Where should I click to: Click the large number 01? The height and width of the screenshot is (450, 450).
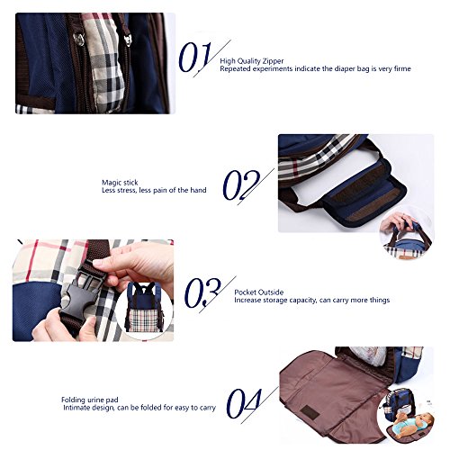[195, 57]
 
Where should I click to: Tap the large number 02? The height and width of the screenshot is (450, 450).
[241, 184]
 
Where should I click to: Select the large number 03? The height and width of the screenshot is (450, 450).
[202, 292]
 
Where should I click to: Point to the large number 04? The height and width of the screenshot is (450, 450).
[244, 403]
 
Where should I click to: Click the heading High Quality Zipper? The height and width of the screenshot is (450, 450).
[252, 61]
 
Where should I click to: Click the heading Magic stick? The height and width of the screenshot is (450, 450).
[120, 183]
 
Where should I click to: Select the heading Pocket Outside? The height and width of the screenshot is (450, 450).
[259, 292]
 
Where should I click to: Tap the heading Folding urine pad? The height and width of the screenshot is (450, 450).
[90, 400]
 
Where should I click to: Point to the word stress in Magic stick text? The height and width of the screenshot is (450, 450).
[125, 190]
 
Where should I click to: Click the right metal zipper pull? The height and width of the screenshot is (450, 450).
[129, 40]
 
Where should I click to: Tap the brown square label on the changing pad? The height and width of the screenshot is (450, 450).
[310, 412]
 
